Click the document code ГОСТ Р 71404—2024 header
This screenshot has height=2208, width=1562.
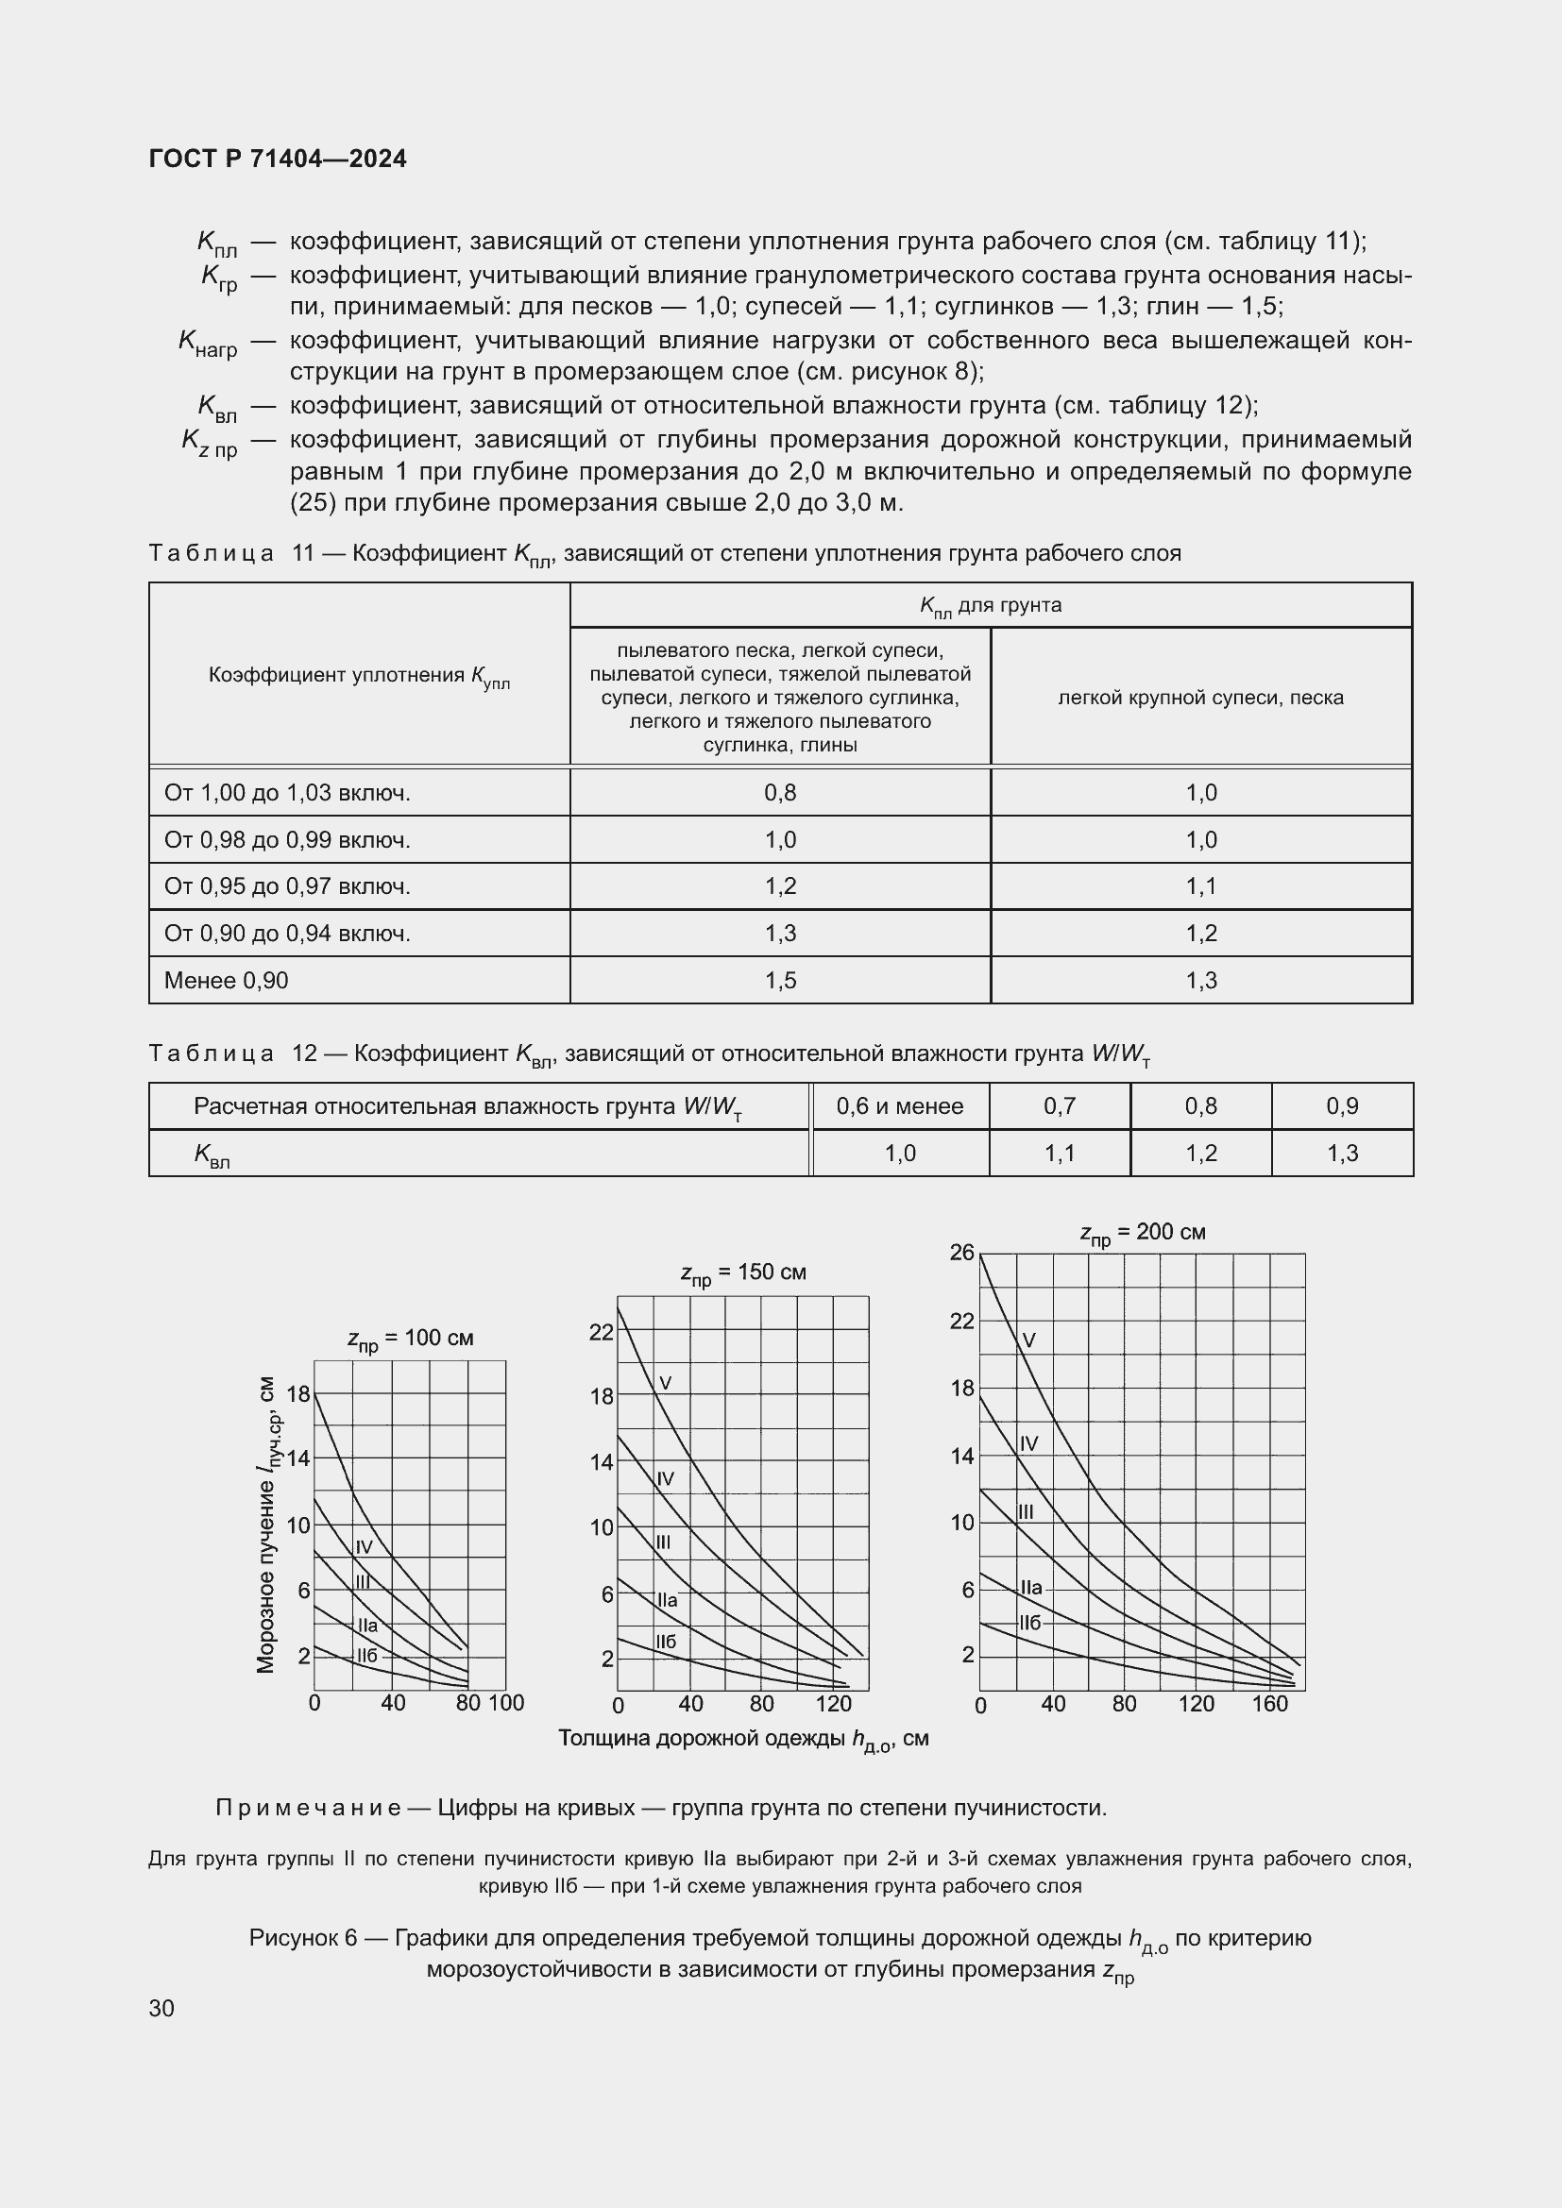click(x=278, y=159)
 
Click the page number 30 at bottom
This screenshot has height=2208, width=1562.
click(x=161, y=2008)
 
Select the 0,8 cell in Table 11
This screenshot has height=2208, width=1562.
click(x=780, y=792)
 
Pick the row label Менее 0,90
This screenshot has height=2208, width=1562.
click(x=226, y=980)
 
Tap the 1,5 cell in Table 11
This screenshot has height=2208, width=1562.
click(x=780, y=980)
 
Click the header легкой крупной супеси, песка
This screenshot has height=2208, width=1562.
click(x=1200, y=698)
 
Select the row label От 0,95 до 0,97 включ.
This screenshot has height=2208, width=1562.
click(x=287, y=885)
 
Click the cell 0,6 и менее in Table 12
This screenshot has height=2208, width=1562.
click(x=899, y=1106)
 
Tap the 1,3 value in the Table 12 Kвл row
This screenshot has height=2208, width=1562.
click(x=1342, y=1153)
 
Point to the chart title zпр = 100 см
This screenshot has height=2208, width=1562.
click(x=410, y=1339)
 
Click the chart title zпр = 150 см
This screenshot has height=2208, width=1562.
click(x=742, y=1273)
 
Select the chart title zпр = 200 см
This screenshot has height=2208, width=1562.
click(x=1142, y=1233)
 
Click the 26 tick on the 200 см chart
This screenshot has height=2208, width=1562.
click(x=961, y=1252)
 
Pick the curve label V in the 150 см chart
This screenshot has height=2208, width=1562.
click(x=666, y=1383)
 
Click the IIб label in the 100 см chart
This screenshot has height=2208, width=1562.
click(x=367, y=1655)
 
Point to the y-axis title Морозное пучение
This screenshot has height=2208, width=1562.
click(x=268, y=1525)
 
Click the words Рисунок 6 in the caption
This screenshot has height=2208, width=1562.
click(x=303, y=1938)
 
